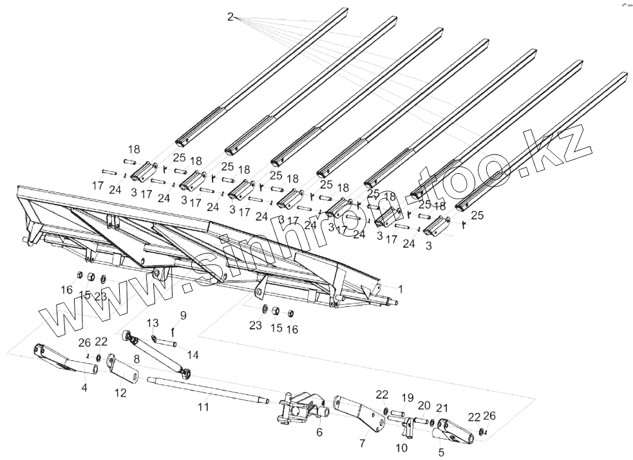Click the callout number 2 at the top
pos(231,17)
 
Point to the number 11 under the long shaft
pos(203,407)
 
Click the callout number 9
pos(183,315)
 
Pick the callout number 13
pos(152,322)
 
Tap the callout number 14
pos(193,354)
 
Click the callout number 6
pos(319,433)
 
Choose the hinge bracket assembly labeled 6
pos(296,410)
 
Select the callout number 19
pos(408,397)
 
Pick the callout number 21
pos(442,409)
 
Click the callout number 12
pos(120,393)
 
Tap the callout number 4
pos(84,388)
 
